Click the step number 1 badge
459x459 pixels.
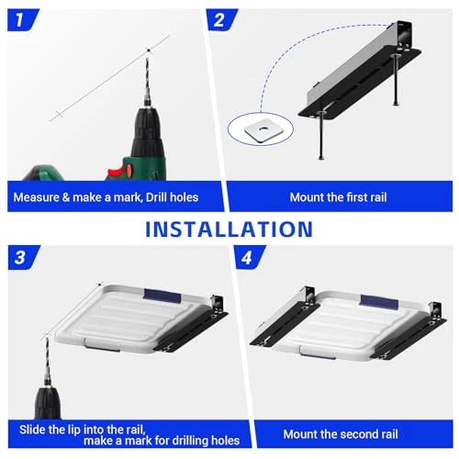click(x=22, y=20)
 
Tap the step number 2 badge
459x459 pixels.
click(x=221, y=20)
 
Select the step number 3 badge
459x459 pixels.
click(x=23, y=257)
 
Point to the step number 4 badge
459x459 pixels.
click(x=249, y=257)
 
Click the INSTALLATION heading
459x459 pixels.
click(x=229, y=229)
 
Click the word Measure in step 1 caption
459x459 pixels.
click(x=36, y=197)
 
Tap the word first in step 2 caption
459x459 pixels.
click(x=348, y=197)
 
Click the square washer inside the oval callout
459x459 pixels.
click(x=262, y=129)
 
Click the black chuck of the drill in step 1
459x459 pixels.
click(x=147, y=131)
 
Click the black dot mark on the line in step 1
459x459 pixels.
click(x=149, y=50)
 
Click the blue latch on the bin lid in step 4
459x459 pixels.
click(x=379, y=301)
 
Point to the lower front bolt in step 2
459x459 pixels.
click(x=321, y=135)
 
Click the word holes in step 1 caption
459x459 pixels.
click(x=184, y=197)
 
